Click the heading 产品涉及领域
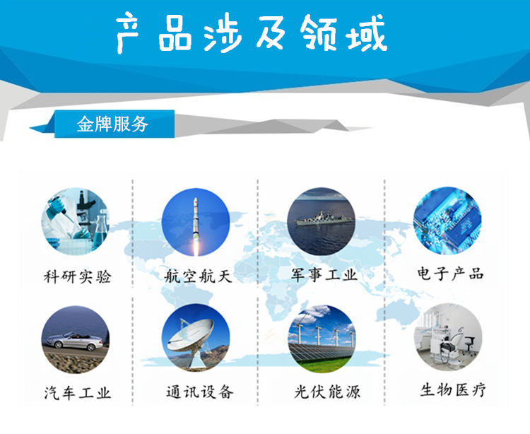click(x=252, y=33)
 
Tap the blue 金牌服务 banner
click(x=114, y=124)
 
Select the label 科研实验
click(x=78, y=277)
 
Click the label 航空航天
click(x=198, y=276)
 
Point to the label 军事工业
click(x=324, y=275)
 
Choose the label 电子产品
click(x=450, y=274)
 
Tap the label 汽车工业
click(x=78, y=393)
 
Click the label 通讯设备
click(x=200, y=392)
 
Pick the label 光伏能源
click(x=327, y=392)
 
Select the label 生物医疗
click(x=453, y=389)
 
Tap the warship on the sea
click(x=324, y=218)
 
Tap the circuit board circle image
click(x=447, y=221)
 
